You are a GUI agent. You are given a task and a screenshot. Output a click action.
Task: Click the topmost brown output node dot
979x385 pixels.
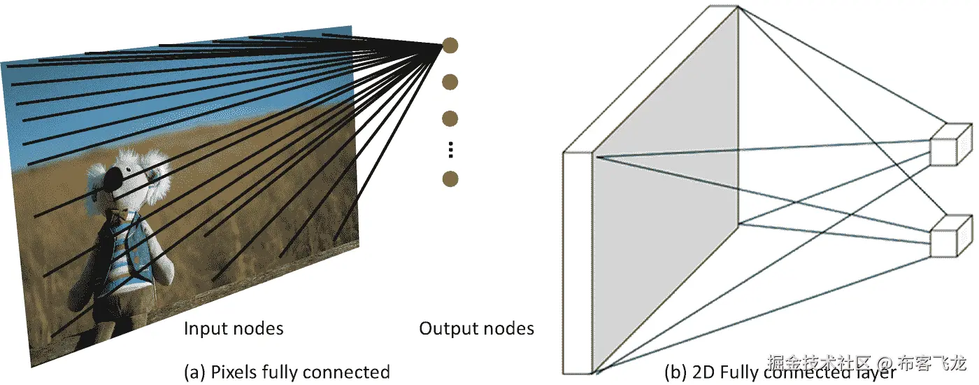pos(451,46)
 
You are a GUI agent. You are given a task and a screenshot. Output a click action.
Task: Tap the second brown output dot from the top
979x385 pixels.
pos(451,82)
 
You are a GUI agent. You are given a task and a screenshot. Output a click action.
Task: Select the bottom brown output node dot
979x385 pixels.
pos(451,178)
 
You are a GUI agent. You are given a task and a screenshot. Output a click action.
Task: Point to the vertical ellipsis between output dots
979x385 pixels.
pos(451,149)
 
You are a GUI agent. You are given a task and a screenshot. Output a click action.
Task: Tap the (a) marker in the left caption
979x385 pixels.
pos(195,372)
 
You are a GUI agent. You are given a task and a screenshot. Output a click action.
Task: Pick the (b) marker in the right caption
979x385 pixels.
pos(676,372)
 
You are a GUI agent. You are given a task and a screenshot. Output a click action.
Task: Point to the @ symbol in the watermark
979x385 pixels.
pos(884,363)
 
